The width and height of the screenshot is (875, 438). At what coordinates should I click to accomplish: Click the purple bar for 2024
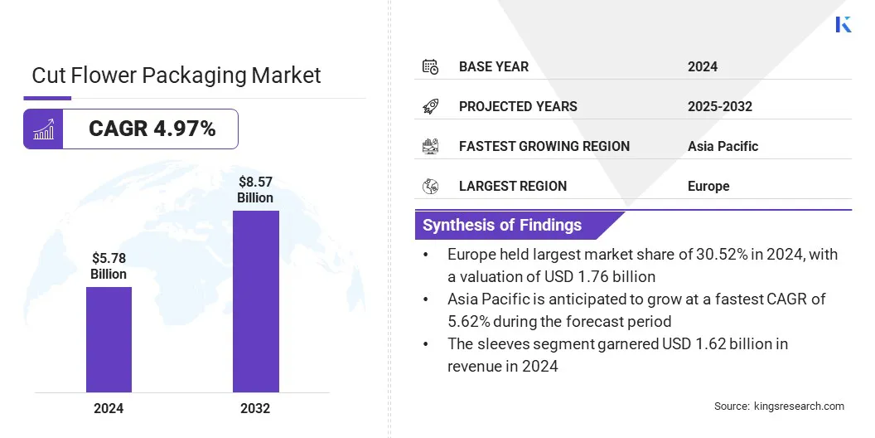coord(109,339)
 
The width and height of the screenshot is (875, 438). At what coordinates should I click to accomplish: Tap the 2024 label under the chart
coord(109,408)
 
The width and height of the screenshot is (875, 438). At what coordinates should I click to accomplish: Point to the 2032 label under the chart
coord(255,408)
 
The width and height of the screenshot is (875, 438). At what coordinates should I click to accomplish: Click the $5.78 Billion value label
coord(109,265)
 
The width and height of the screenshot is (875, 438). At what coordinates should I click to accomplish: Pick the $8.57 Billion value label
coord(255,189)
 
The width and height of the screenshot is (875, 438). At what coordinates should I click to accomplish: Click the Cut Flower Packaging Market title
coord(176,75)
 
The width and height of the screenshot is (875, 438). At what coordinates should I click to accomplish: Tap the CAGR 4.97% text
coord(152,129)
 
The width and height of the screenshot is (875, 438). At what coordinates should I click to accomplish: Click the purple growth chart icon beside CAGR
coord(43,129)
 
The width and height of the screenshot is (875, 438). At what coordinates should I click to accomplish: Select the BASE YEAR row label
coord(493,66)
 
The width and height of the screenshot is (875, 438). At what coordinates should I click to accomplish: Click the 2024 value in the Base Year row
coord(703,66)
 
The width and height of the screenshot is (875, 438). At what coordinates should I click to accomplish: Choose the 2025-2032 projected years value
coord(719,106)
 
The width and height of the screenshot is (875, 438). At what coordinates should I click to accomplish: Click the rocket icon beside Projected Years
coord(430,106)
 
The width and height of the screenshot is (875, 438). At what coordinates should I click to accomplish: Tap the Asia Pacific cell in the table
coord(723,146)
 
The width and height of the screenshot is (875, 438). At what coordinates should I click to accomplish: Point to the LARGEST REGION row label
coord(512,186)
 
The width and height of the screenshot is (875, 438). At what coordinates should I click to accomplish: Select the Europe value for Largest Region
coord(708,186)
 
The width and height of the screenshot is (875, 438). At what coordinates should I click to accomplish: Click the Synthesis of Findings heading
coord(502,225)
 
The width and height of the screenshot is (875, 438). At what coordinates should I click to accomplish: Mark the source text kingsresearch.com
coord(799,406)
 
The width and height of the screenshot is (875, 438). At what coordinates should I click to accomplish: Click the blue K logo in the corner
coord(843,24)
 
